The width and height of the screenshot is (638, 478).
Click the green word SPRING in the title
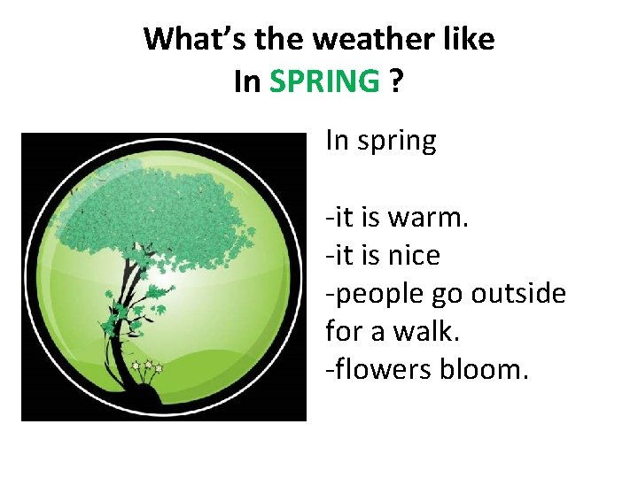[x=324, y=81]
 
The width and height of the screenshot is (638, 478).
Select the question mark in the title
[x=395, y=81]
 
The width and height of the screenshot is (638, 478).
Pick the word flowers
[x=382, y=369]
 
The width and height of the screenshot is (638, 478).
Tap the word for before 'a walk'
[x=344, y=331]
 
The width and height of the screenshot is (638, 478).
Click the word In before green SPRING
[x=247, y=81]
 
